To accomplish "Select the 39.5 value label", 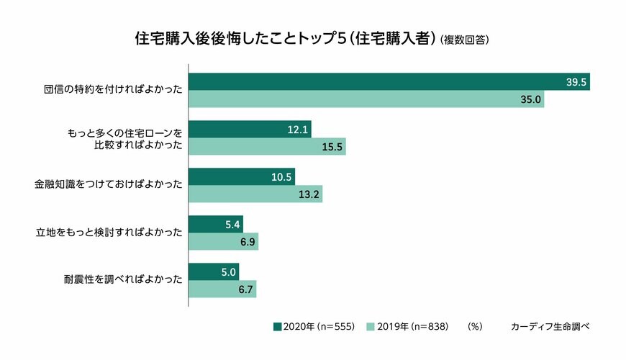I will click(577, 83).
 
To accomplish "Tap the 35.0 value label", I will click(531, 99).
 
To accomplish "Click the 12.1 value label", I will click(298, 130).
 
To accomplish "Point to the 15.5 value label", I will click(333, 147).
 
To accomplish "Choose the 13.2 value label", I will click(309, 194).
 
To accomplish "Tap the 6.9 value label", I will click(248, 242).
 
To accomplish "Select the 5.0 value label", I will click(229, 273).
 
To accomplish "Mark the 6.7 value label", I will click(245, 289).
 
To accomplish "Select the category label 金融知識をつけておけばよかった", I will click(109, 186).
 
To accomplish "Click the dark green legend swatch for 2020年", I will click(278, 326).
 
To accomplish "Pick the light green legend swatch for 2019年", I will click(371, 326).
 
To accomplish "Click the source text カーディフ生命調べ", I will click(550, 326).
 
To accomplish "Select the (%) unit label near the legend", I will click(474, 326).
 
